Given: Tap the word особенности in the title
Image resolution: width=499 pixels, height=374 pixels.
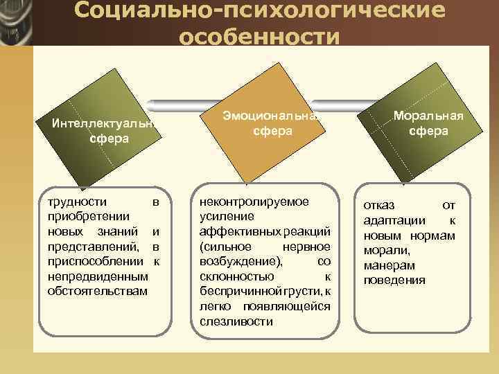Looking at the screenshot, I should [259, 36].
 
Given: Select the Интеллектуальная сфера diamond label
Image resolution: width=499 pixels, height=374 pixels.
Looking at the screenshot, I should [101, 131].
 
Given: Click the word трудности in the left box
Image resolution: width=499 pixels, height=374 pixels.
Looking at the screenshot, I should [77, 202].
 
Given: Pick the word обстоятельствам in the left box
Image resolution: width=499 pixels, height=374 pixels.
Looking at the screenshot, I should [97, 290].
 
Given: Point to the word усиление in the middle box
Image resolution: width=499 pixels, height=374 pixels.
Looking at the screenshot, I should [222, 216].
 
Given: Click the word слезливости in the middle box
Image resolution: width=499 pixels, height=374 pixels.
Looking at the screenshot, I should [236, 321].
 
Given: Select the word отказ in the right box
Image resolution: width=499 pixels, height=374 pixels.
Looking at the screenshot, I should [378, 206].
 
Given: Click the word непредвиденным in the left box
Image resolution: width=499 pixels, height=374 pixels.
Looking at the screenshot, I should [98, 276].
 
